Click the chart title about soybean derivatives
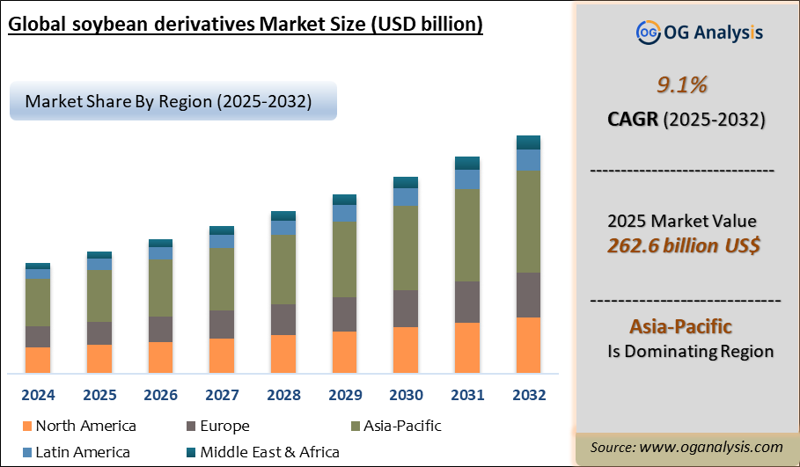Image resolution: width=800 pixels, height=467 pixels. [x=246, y=24]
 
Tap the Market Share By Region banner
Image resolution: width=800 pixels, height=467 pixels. [x=169, y=101]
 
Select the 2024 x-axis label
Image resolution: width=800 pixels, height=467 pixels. [x=38, y=395]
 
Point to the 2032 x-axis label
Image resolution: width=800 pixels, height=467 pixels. [x=528, y=395]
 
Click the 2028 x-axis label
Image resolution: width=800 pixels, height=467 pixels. [x=283, y=395]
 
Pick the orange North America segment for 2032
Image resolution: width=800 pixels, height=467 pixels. [x=528, y=346]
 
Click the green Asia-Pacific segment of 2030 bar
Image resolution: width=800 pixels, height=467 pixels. [x=406, y=247]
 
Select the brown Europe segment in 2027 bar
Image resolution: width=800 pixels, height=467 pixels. [x=222, y=324]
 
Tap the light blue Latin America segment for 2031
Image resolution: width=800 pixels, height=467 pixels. [x=467, y=179]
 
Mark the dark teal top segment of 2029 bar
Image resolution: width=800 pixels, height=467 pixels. [x=344, y=200]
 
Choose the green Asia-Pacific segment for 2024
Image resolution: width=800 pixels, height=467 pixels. [x=38, y=303]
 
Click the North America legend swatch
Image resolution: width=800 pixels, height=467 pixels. [x=26, y=427]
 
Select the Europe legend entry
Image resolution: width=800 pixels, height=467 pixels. [x=221, y=427]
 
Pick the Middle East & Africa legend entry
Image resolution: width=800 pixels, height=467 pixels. [x=268, y=452]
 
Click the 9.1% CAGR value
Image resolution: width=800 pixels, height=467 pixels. [x=682, y=85]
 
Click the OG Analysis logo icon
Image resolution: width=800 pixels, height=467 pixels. [x=647, y=33]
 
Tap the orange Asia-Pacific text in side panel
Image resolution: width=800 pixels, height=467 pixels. [x=680, y=326]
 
